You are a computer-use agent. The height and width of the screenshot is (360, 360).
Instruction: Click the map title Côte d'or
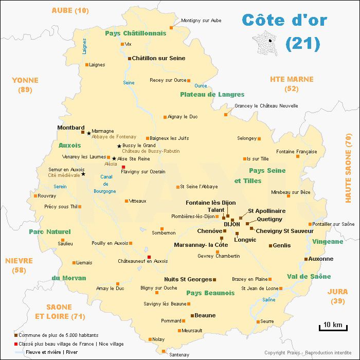[284, 20]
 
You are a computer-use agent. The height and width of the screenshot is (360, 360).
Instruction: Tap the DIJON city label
[232, 224]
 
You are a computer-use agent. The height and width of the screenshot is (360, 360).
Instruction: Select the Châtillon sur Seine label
[158, 59]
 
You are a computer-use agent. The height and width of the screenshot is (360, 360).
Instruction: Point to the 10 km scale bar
[330, 326]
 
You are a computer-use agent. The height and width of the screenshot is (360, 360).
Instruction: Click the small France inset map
[269, 41]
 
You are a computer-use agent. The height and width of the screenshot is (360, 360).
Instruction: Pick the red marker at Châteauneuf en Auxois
[149, 257]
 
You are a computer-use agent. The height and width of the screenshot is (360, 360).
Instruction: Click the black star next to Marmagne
[89, 133]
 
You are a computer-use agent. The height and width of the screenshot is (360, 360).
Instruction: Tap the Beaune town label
[205, 315]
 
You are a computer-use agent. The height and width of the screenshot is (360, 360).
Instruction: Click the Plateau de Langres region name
[212, 95]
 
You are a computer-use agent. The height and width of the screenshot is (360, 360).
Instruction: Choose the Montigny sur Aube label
[201, 21]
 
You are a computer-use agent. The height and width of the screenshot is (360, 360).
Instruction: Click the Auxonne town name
[321, 259]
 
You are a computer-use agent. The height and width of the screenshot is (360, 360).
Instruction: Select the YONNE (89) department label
[25, 85]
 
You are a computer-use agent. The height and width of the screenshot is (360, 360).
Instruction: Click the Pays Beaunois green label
[210, 293]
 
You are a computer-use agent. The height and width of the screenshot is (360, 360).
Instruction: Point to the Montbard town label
[70, 128]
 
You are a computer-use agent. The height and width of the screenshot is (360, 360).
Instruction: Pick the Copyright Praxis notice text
[307, 353]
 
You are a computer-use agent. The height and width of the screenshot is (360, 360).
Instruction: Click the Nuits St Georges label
[188, 279]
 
